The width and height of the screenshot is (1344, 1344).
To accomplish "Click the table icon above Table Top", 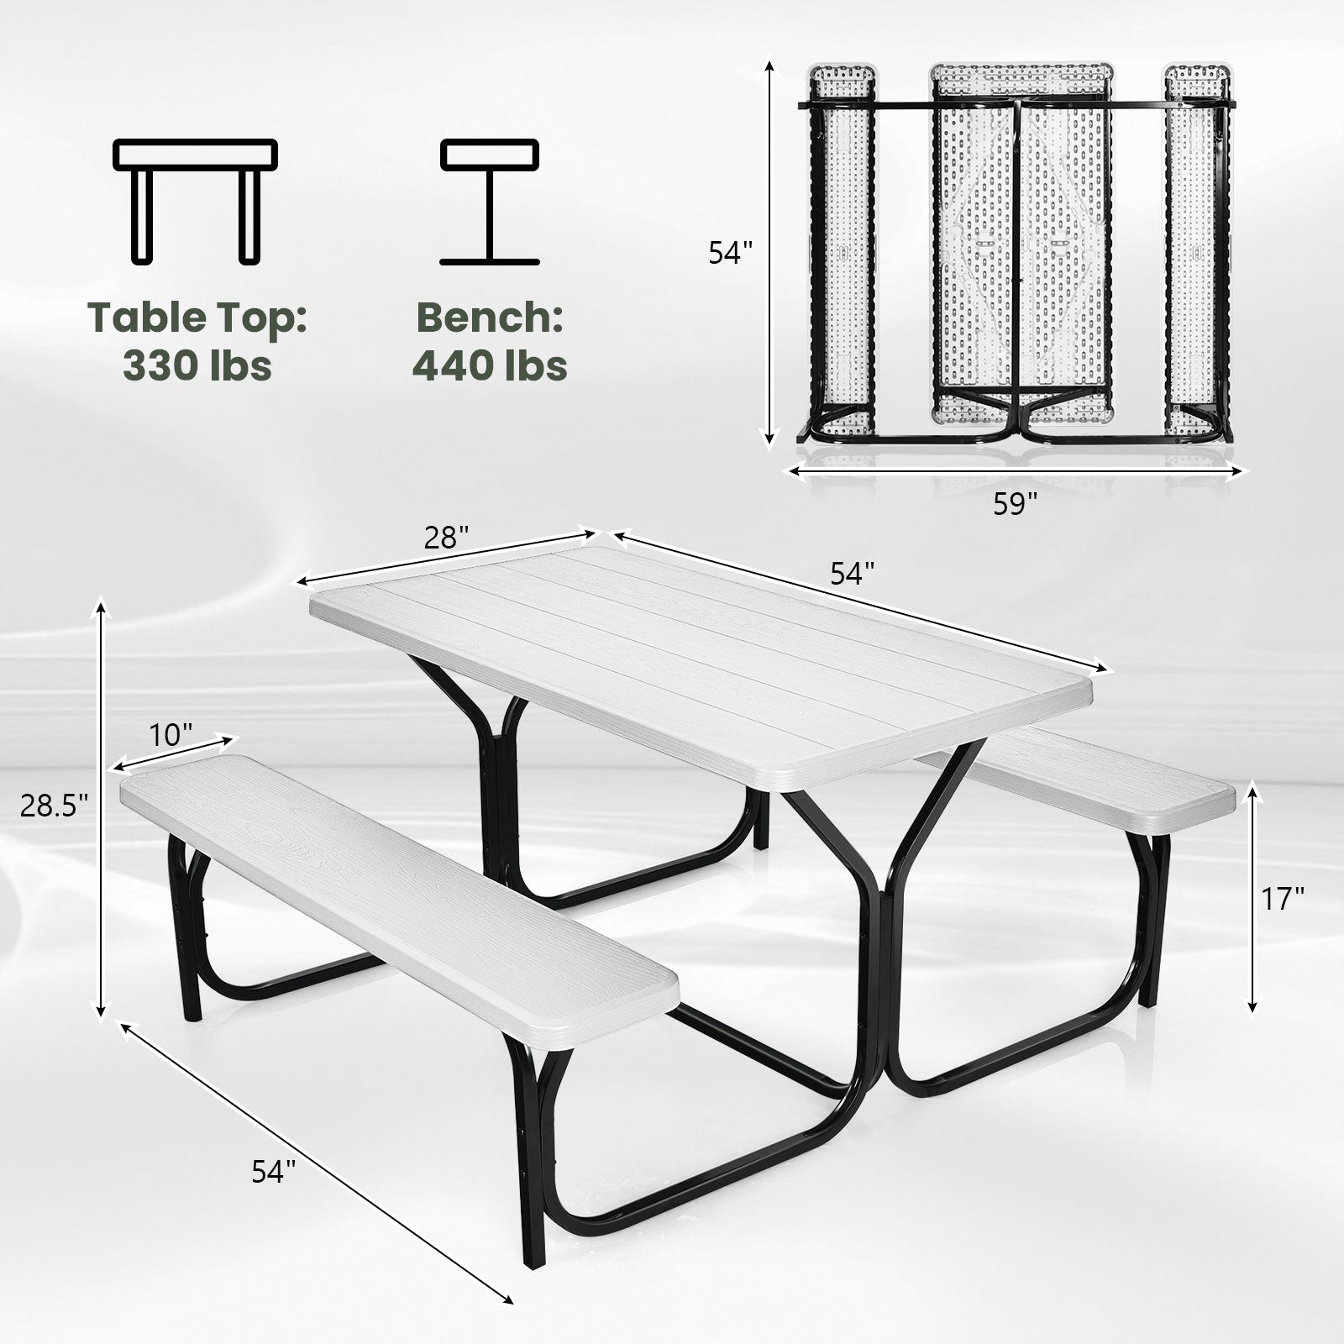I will (196, 202).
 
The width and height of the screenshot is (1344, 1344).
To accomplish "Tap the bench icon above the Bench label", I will (490, 202).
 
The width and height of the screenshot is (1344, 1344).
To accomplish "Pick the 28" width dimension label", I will (446, 538).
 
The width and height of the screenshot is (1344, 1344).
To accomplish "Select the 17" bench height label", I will (1283, 899).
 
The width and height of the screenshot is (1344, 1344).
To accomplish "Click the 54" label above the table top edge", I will (853, 574).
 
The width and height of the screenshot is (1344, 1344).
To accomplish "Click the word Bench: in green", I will (490, 318).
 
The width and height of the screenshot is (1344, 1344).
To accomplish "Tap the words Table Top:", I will (197, 318).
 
